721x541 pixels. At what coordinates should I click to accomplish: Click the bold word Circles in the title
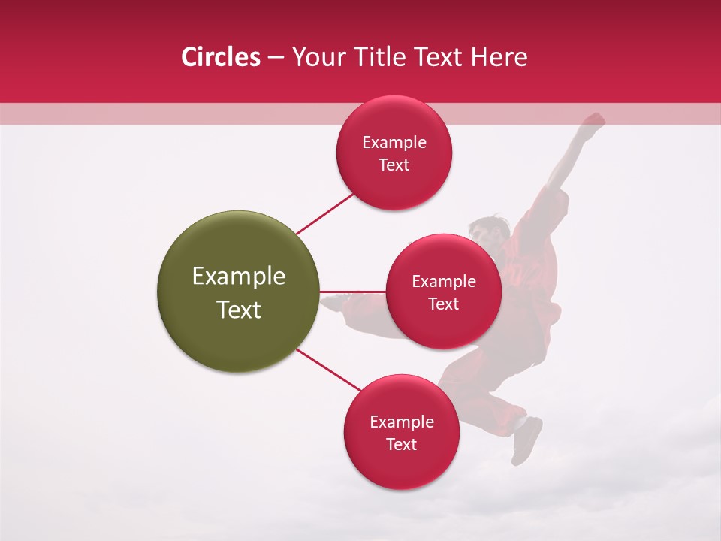[221, 57]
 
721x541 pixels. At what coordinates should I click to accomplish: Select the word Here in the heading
[499, 57]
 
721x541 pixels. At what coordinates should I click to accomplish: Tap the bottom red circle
[402, 466]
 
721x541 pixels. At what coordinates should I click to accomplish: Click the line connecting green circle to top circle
[324, 213]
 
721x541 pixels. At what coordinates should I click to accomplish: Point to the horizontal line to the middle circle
[353, 292]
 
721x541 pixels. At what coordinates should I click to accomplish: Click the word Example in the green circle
[239, 277]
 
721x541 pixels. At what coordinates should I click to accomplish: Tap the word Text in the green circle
[239, 310]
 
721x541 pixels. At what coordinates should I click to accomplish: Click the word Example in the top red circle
[394, 142]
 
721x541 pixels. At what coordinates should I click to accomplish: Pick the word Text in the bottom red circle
[402, 444]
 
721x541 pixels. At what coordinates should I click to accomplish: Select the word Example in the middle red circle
[444, 281]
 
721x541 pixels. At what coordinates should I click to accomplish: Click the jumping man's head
[483, 229]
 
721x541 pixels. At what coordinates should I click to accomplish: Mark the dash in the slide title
[276, 58]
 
